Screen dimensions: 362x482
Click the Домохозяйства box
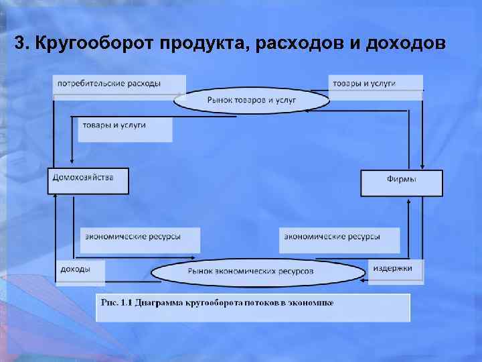pyautogui.click(x=88, y=181)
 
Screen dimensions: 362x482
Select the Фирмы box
pyautogui.click(x=402, y=182)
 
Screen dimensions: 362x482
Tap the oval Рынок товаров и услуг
pyautogui.click(x=252, y=101)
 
